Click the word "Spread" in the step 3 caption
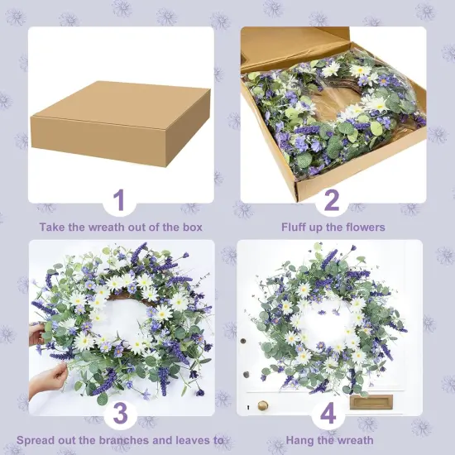click(x=36, y=440)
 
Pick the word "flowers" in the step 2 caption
click(x=365, y=227)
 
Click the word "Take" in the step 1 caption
click(x=52, y=227)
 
